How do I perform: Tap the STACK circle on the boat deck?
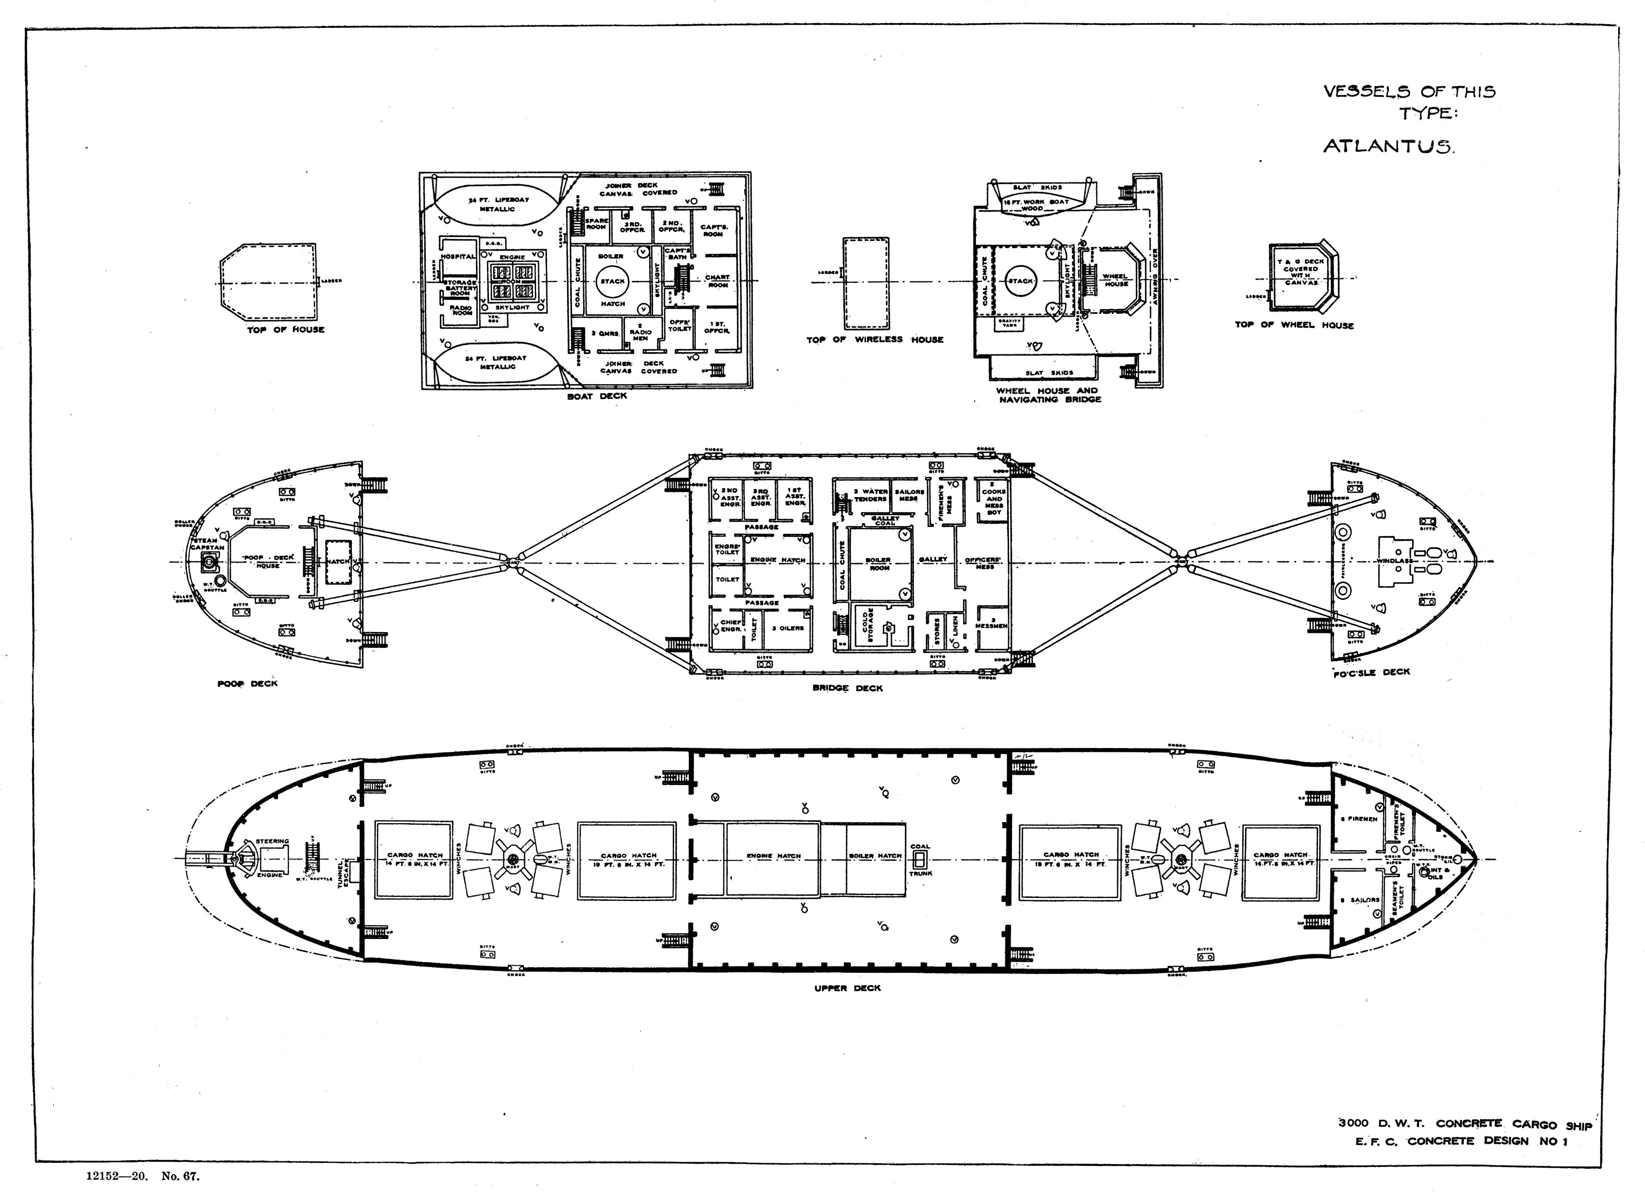coord(612,281)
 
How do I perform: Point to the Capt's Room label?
coord(713,230)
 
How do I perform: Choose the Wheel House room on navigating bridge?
coord(1115,280)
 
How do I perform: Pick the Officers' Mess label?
coord(984,563)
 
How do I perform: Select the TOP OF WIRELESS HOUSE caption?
coord(875,339)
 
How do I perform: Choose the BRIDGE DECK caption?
coord(847,688)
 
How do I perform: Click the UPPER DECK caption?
coord(847,988)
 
